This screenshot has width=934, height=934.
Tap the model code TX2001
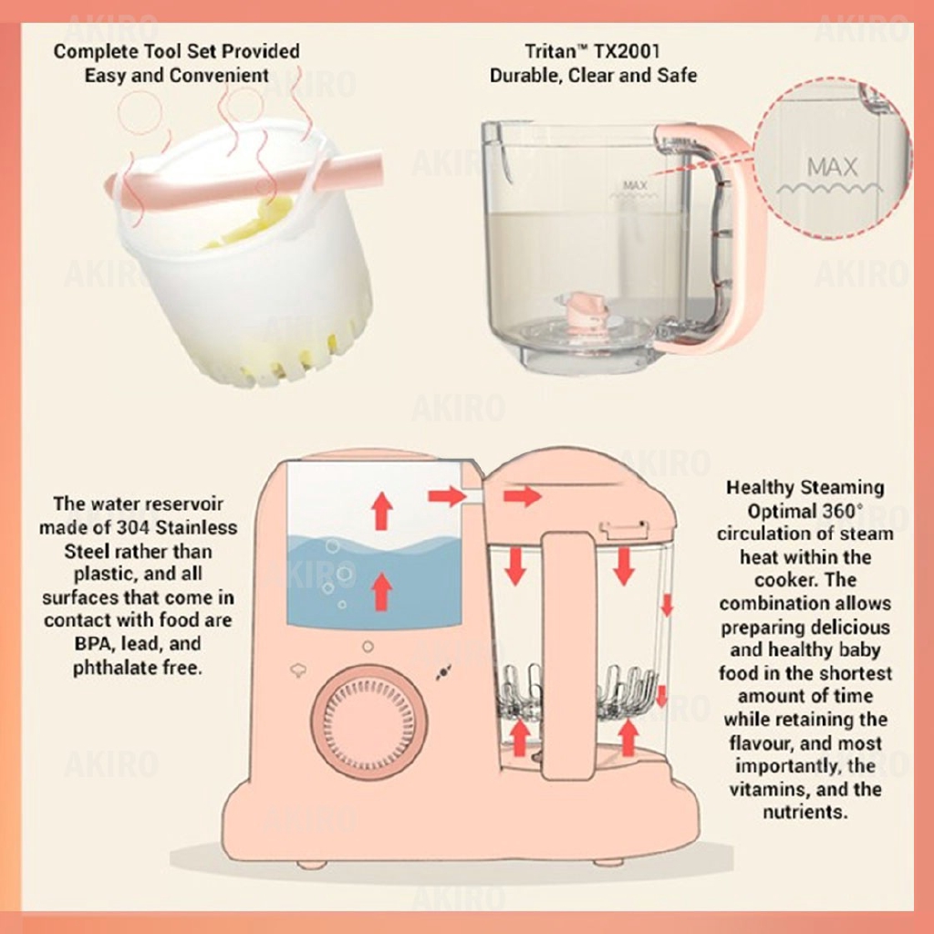pyautogui.click(x=629, y=52)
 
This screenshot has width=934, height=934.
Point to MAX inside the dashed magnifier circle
pyautogui.click(x=832, y=167)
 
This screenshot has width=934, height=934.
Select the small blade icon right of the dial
pyautogui.click(x=444, y=672)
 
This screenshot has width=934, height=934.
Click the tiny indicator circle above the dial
pyautogui.click(x=368, y=647)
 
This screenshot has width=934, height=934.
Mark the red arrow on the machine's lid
pyautogui.click(x=523, y=496)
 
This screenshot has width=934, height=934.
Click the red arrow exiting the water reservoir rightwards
pyautogui.click(x=447, y=496)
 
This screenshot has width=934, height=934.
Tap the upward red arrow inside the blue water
pyautogui.click(x=382, y=592)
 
